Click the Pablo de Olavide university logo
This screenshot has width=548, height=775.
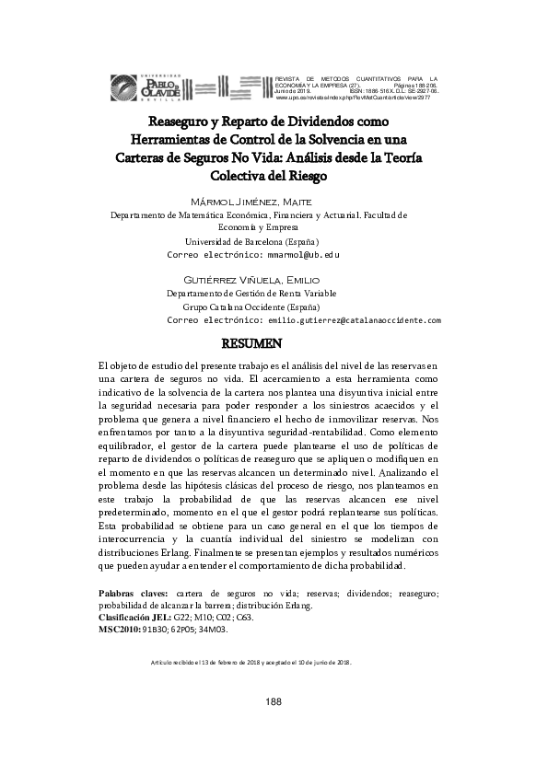(150, 85)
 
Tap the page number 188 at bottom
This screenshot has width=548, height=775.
(274, 702)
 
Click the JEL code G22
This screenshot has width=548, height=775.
(182, 618)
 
